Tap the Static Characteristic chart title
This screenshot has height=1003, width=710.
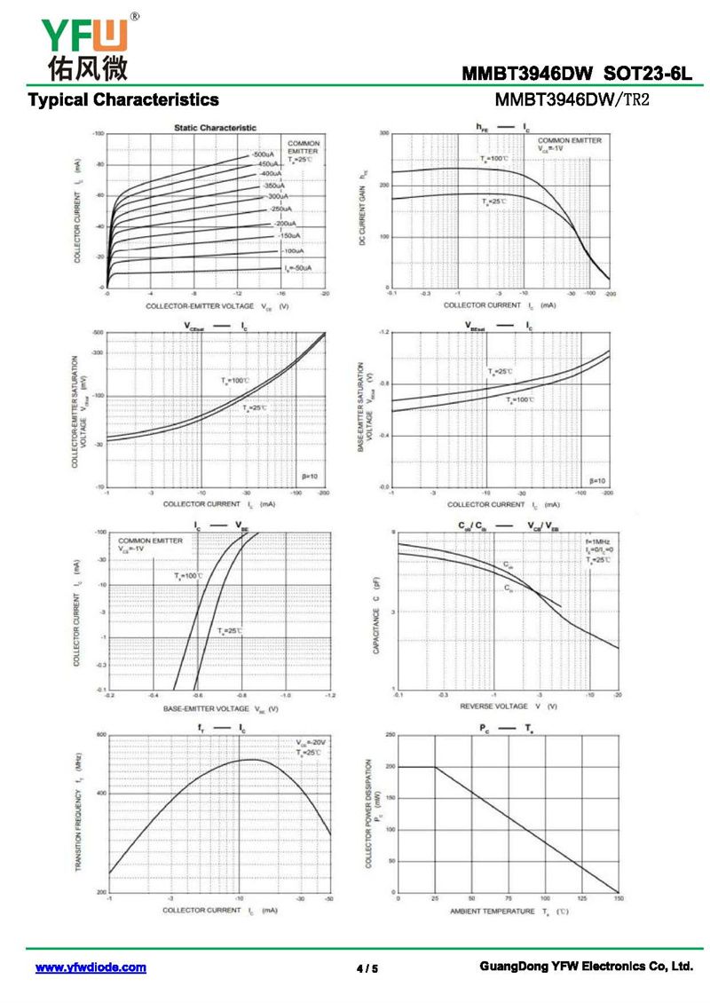pyautogui.click(x=215, y=128)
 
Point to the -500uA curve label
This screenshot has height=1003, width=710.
pyautogui.click(x=263, y=154)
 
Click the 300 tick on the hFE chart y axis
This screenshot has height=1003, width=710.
pyautogui.click(x=385, y=133)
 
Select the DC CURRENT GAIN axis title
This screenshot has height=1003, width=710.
pyautogui.click(x=363, y=209)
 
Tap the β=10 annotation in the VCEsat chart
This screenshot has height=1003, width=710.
pyautogui.click(x=308, y=477)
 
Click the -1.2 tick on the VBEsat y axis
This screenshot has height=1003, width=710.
pyautogui.click(x=383, y=332)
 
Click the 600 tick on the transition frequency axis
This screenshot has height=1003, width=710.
pyautogui.click(x=101, y=735)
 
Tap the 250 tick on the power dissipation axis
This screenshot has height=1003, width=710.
pyautogui.click(x=389, y=735)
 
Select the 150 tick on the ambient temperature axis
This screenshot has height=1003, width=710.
pyautogui.click(x=618, y=898)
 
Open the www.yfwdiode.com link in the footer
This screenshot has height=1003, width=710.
pyautogui.click(x=91, y=967)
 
